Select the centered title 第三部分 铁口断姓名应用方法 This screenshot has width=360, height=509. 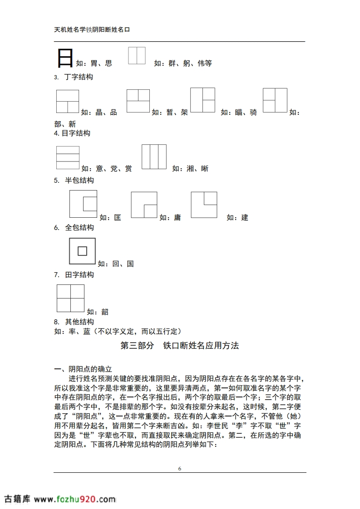coord(180,346)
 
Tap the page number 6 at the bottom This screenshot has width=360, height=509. coord(180,469)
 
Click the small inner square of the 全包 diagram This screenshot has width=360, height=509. coord(82,251)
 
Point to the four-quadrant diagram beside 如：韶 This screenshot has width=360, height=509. coord(70,299)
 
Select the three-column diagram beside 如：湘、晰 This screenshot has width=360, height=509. coord(154,157)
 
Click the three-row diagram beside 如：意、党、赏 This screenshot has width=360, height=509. coord(68,157)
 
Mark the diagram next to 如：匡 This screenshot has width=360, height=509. coord(83,204)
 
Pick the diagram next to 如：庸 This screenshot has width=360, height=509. coord(144,205)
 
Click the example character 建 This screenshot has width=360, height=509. coord(245,218)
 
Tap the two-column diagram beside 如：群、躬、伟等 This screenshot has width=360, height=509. coord(137,55)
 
